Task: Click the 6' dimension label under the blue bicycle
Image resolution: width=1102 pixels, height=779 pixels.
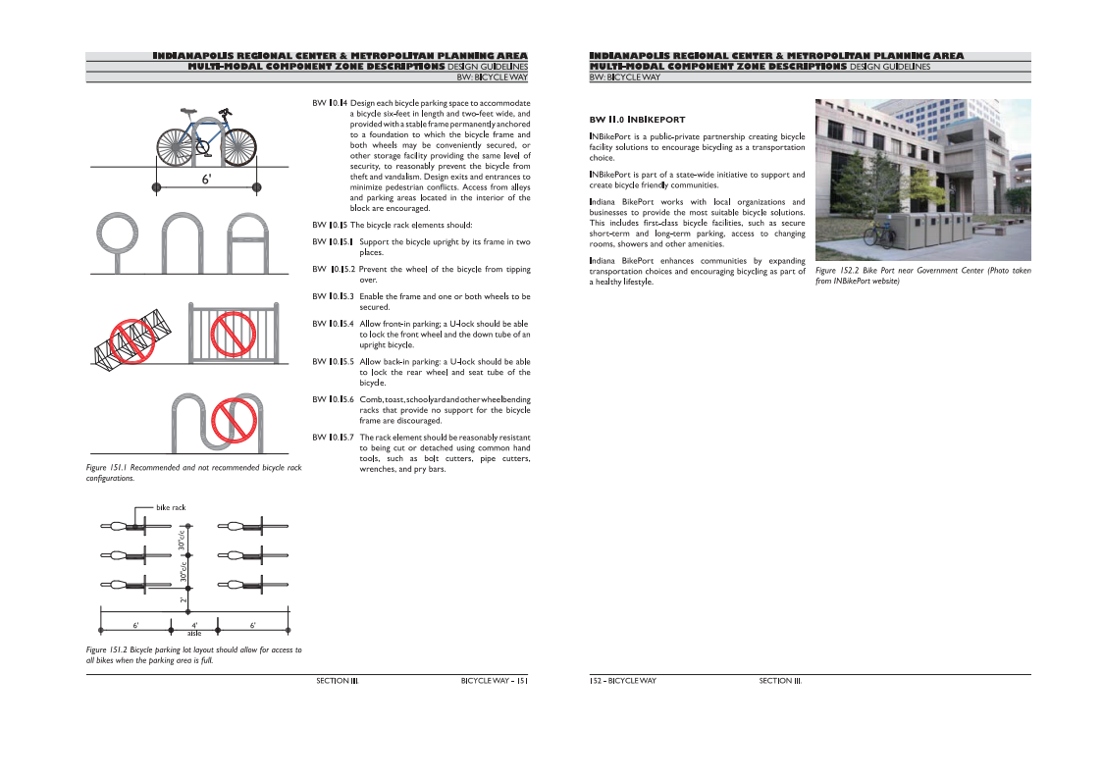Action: pos(206,180)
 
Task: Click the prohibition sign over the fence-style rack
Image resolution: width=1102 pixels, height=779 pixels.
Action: pos(233,335)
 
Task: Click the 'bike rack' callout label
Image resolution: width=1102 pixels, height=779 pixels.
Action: pos(171,507)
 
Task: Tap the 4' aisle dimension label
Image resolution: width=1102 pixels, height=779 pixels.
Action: pos(194,624)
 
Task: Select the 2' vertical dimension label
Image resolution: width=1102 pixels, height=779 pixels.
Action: pos(184,598)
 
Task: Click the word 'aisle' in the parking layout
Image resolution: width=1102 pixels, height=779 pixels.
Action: pos(194,634)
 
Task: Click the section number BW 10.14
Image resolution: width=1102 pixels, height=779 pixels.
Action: pos(329,103)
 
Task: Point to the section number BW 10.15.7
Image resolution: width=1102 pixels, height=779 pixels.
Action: pos(333,438)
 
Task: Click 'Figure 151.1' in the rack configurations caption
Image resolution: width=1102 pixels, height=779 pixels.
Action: pos(109,468)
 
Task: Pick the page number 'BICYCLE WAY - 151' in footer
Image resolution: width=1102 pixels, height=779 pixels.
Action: pos(495,680)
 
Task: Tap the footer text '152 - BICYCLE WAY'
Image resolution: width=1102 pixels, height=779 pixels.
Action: pos(623,680)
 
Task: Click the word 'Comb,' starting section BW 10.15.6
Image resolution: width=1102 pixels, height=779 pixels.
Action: pos(372,399)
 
